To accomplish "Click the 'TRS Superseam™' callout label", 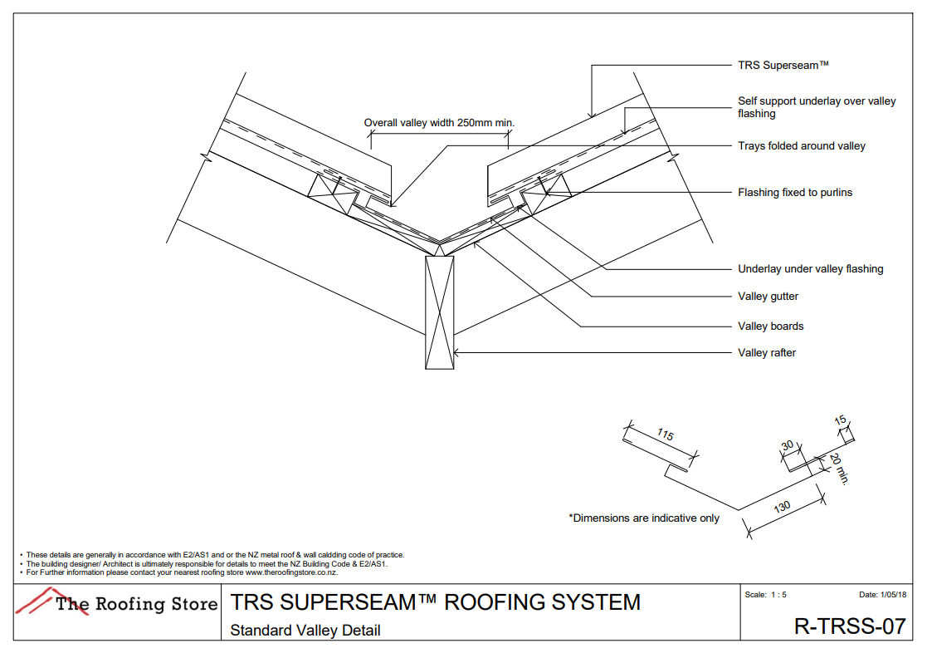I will point(783,64).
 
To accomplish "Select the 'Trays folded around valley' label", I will point(801,145).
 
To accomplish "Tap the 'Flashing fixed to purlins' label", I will point(794,192).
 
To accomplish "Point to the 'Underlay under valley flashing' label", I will point(810,268).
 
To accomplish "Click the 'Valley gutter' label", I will point(768,296).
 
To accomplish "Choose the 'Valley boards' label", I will point(770,326).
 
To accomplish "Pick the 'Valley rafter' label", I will point(767,352).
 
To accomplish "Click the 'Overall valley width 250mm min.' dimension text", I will point(439,123).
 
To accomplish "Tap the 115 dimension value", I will point(665,435).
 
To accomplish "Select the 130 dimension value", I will point(782,508).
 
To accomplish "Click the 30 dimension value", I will point(788,446).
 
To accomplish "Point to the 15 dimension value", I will point(841,420).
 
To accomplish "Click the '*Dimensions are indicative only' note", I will point(643,518).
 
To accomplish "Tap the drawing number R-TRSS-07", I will point(849,626).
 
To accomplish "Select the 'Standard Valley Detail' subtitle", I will point(305,630).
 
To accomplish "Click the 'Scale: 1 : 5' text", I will point(765,595).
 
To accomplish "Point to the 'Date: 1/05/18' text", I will point(882,595).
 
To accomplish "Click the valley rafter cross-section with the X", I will point(439,312).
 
